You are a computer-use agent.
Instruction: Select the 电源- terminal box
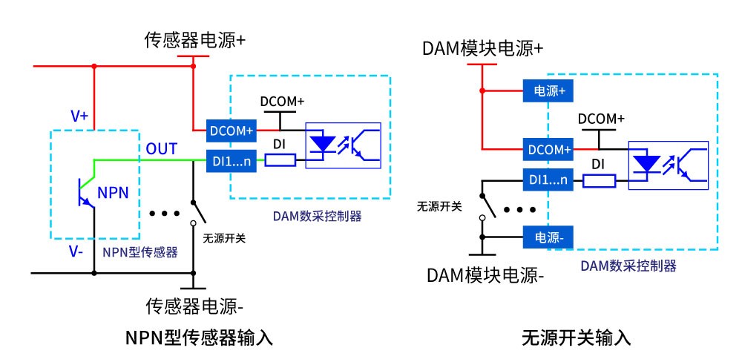pyautogui.click(x=550, y=238)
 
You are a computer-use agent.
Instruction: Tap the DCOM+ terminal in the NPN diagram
pyautogui.click(x=232, y=131)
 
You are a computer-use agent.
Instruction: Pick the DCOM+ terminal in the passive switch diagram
pyautogui.click(x=550, y=148)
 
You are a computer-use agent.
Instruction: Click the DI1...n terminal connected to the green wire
pyautogui.click(x=232, y=159)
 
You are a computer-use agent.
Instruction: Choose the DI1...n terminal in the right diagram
pyautogui.click(x=550, y=179)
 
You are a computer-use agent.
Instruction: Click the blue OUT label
pyautogui.click(x=161, y=149)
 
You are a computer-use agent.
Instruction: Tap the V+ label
pyautogui.click(x=79, y=116)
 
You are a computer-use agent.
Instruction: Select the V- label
pyautogui.click(x=76, y=251)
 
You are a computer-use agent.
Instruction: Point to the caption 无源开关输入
pyautogui.click(x=576, y=338)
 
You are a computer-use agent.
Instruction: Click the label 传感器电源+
pyautogui.click(x=194, y=40)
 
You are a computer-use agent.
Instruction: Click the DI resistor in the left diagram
pyautogui.click(x=280, y=159)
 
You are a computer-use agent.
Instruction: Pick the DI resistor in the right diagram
pyautogui.click(x=599, y=180)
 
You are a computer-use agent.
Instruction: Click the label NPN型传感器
pyautogui.click(x=140, y=251)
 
